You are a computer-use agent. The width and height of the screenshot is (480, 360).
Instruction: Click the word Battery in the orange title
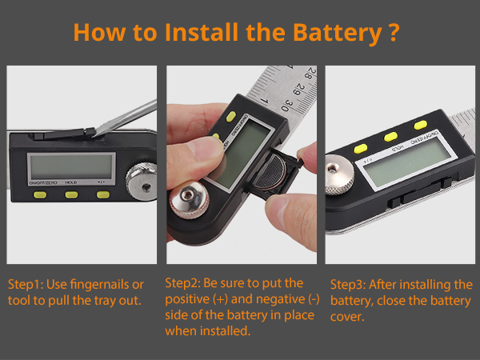(x=337, y=33)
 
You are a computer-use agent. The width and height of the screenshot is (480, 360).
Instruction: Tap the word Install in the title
(x=202, y=32)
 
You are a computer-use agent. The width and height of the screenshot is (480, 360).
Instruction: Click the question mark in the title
(x=394, y=32)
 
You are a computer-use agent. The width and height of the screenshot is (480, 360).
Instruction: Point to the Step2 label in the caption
(x=182, y=283)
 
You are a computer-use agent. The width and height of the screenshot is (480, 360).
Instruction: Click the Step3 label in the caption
(x=348, y=285)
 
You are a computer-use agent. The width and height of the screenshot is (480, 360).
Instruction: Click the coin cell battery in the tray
(x=270, y=172)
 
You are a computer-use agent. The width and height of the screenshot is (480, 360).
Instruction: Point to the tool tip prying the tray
(x=94, y=135)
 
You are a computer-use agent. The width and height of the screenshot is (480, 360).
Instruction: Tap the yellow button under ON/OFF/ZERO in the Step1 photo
(x=40, y=194)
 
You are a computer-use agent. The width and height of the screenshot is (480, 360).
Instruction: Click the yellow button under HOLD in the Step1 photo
(x=71, y=194)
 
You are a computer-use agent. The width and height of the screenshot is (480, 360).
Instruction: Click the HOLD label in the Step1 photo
(x=71, y=182)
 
